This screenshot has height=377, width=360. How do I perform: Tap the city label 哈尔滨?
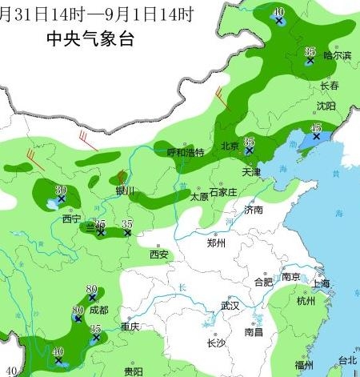pos(337,55)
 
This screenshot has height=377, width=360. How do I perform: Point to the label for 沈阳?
pos(325,106)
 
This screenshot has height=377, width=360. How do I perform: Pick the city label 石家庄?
pos(224,193)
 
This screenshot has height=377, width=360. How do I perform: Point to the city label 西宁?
pos(71,219)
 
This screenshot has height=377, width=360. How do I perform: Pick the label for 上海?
pos(322,283)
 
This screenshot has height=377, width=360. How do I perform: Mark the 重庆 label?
pos(130,327)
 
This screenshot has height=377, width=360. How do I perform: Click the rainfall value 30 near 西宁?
pos(60,190)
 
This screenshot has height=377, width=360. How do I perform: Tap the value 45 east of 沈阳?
pos(316,128)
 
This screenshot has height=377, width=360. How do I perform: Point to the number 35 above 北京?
pos(249,141)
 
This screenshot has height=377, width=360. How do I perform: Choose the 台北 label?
pos(347,359)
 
